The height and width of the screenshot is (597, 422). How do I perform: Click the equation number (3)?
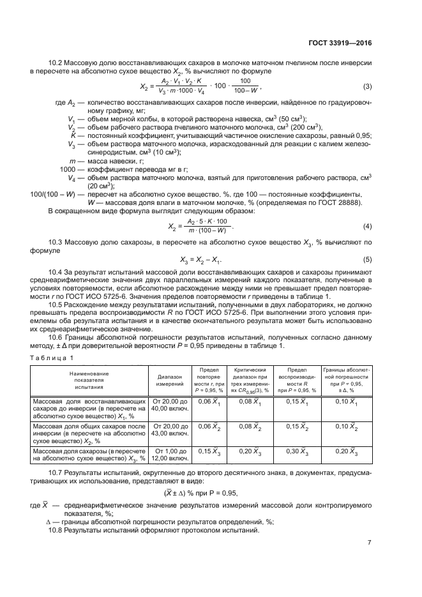(367, 87)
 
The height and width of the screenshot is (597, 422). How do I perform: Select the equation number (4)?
(367, 227)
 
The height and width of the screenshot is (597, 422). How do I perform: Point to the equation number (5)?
(367, 259)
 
